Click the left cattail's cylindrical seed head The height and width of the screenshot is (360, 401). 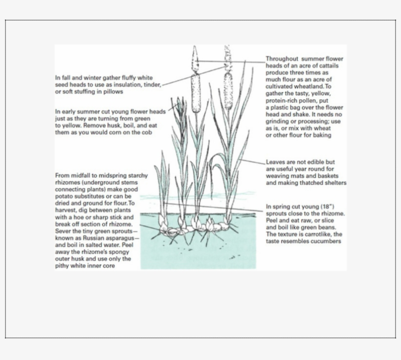click(196, 92)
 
